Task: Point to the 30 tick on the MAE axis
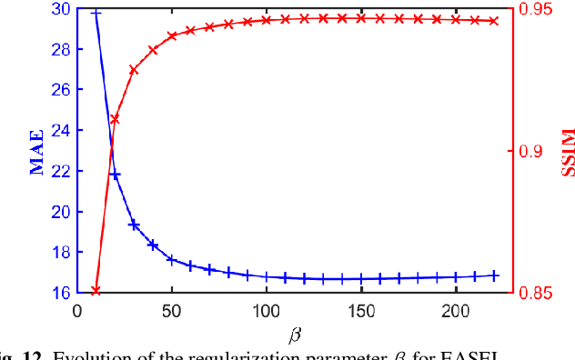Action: pyautogui.click(x=60, y=9)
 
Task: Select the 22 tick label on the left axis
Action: pyautogui.click(x=60, y=171)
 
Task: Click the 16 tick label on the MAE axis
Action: pyautogui.click(x=60, y=293)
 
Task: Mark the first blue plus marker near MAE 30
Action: pyautogui.click(x=96, y=14)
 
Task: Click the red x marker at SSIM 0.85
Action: pyautogui.click(x=96, y=291)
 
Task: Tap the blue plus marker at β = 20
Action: pyautogui.click(x=115, y=175)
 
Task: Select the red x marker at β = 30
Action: pyautogui.click(x=134, y=70)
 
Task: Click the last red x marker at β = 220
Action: pyautogui.click(x=495, y=21)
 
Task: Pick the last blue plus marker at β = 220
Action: pyautogui.click(x=495, y=275)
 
